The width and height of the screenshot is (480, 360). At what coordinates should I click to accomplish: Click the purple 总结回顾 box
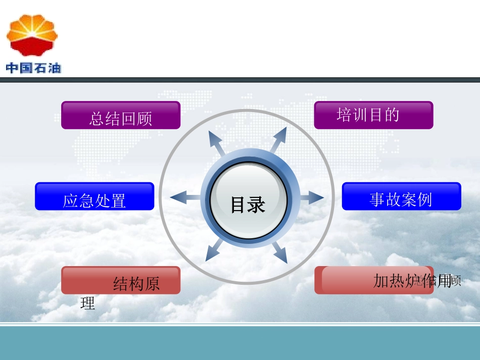click(x=121, y=115)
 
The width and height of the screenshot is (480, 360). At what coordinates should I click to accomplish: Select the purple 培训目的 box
click(x=373, y=115)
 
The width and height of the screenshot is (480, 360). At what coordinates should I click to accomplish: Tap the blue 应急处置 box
click(x=94, y=196)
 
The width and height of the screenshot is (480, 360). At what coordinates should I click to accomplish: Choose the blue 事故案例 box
click(x=401, y=196)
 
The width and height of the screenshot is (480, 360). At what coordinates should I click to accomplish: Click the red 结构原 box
click(x=121, y=280)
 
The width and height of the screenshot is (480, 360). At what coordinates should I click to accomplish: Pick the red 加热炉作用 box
click(x=373, y=280)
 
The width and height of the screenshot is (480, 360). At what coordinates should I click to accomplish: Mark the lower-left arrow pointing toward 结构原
click(x=214, y=250)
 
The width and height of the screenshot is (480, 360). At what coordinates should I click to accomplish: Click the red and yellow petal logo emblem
click(x=32, y=34)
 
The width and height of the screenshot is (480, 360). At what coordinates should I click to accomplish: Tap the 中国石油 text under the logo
click(x=33, y=68)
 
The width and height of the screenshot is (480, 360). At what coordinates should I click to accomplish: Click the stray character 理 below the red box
click(x=87, y=303)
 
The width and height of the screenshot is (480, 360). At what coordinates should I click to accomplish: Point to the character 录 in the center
click(x=257, y=205)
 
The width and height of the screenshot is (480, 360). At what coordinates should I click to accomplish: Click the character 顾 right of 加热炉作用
click(x=455, y=281)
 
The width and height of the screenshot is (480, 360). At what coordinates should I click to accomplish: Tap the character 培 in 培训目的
click(x=345, y=115)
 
